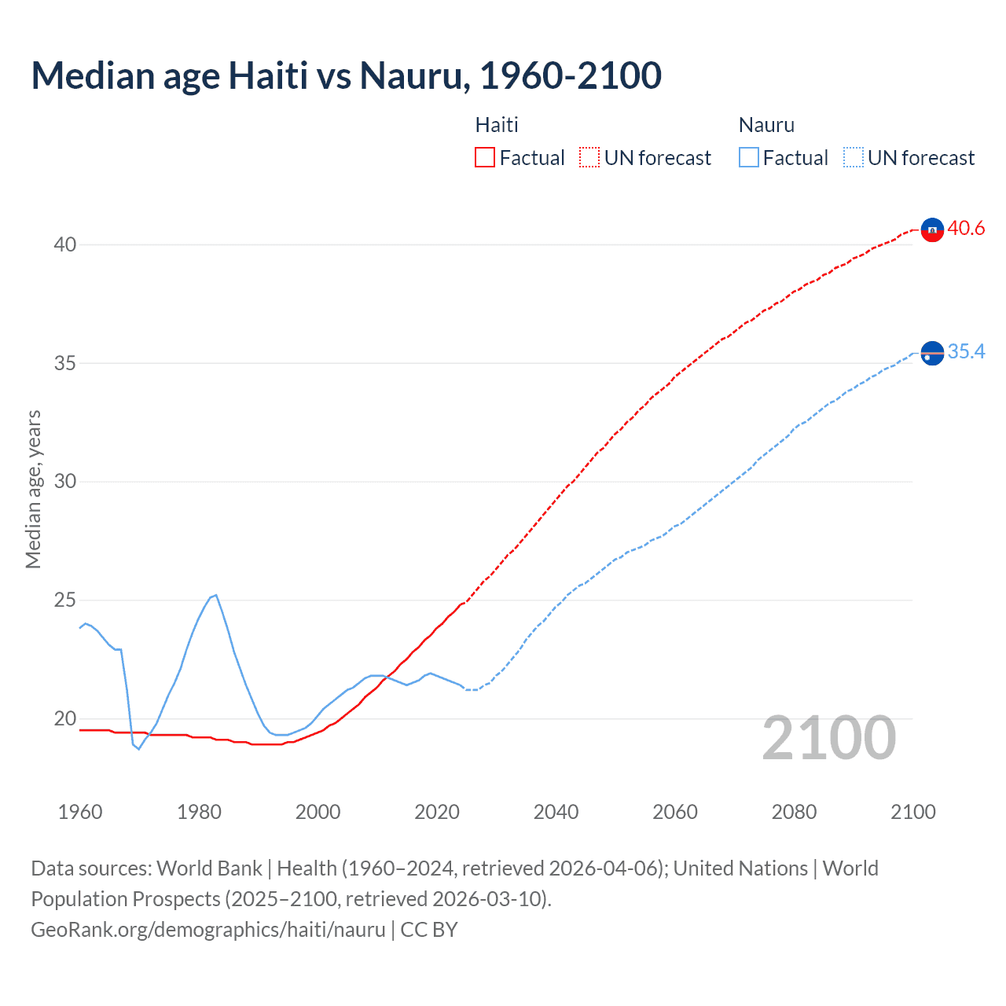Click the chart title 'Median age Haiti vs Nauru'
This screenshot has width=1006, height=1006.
pos(346,75)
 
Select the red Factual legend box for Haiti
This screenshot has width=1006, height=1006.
pos(485,158)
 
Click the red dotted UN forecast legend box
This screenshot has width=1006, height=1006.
pos(589,158)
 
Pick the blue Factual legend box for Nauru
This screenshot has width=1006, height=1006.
pos(749,158)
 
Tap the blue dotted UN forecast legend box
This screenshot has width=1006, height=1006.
pos(854,158)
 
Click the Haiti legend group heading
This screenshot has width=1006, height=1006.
pos(497,125)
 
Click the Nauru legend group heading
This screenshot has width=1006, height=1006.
pos(766,125)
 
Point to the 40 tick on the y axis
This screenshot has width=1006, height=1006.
pos(65,244)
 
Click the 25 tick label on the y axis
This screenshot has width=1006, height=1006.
pos(65,600)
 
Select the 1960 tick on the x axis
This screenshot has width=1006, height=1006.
pos(80,812)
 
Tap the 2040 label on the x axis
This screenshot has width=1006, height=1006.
pos(556,812)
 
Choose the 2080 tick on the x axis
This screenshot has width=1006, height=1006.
pos(794,812)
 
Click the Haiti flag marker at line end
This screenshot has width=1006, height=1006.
pos(932,229)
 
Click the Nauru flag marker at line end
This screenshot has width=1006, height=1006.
pos(932,354)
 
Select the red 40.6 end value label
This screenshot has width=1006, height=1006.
pos(966,229)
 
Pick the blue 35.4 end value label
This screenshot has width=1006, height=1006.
pos(966,351)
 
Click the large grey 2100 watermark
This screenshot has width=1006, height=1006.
pos(829,738)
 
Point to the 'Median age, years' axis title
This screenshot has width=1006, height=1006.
pos(33,489)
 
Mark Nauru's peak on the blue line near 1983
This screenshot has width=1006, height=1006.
pos(215,595)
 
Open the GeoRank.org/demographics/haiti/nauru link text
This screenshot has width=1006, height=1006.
pos(208,930)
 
